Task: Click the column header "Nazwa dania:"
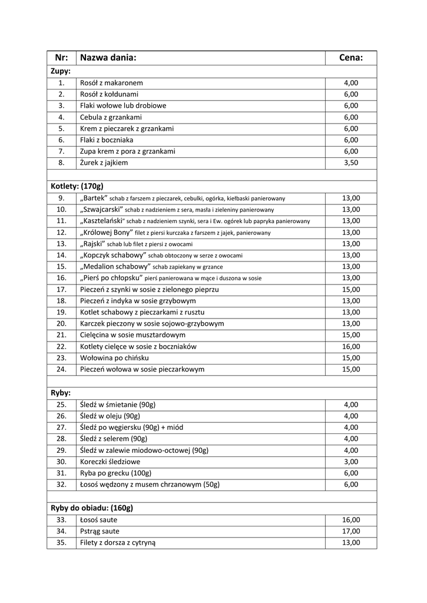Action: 108,58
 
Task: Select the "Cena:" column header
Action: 351,58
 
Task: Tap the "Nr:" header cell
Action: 61,58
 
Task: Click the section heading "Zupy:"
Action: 61,71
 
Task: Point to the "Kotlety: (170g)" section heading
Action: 77,186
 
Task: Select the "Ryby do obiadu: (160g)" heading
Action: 92,508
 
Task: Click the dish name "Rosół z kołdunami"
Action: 110,94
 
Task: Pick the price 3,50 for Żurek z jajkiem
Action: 351,163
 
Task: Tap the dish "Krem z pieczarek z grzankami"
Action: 127,128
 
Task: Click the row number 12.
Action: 61,232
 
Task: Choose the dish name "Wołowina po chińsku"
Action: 114,357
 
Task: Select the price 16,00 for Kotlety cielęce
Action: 351,346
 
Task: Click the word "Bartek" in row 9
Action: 94,198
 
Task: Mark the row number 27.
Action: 61,427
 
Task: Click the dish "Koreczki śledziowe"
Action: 110,462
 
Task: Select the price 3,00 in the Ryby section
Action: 351,462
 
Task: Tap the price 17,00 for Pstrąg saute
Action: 351,531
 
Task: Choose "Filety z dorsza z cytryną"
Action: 118,542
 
